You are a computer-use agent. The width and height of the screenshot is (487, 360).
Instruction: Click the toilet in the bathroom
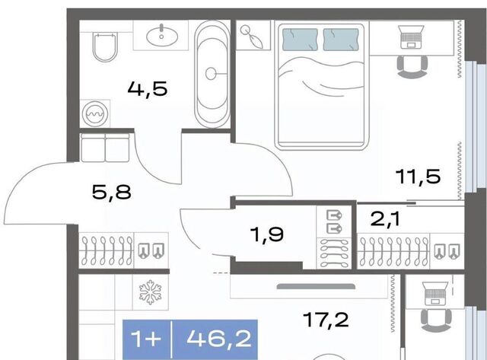105,46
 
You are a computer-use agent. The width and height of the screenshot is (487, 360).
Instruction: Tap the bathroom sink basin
162,36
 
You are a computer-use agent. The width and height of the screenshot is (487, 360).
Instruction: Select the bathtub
212,75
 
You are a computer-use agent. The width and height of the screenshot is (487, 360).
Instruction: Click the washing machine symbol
95,113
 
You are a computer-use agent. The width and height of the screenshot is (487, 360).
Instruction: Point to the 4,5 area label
148,88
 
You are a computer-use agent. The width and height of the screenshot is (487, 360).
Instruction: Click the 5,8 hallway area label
112,192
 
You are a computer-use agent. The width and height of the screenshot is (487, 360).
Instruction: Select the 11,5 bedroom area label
419,177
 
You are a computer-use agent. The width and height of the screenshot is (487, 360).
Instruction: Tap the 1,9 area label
268,234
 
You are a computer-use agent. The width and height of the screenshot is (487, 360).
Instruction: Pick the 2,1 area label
386,219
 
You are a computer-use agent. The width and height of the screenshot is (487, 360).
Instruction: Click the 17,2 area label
326,320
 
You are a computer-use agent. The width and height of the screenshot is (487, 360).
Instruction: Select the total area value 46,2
219,339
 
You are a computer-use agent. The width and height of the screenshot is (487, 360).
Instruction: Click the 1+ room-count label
146,339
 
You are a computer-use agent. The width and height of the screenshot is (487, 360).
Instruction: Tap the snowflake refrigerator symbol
151,292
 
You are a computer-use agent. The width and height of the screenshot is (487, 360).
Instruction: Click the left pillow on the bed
300,40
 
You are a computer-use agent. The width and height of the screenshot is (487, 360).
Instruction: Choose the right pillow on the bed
341,40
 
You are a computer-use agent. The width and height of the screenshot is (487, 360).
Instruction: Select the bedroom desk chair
412,67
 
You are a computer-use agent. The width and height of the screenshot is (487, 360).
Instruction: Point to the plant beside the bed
253,36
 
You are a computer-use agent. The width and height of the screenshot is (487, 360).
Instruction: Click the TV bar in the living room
316,286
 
